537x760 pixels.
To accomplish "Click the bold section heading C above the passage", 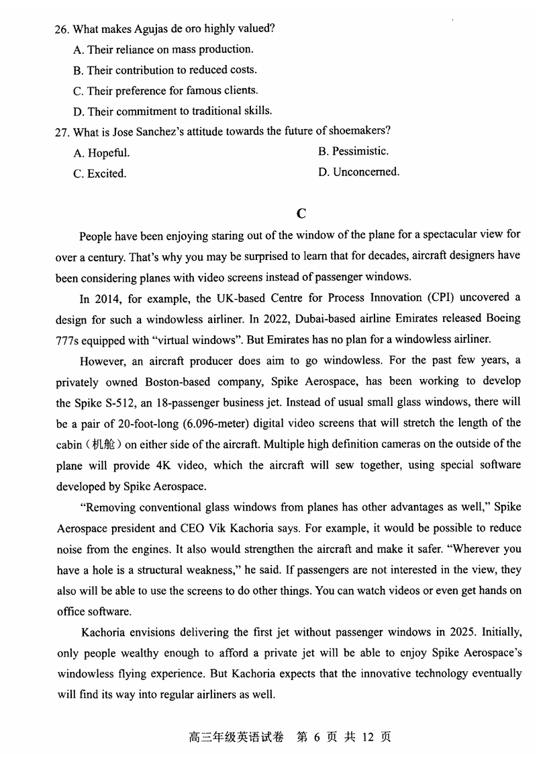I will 301,214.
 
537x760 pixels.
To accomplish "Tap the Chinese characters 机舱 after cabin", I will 103,444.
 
